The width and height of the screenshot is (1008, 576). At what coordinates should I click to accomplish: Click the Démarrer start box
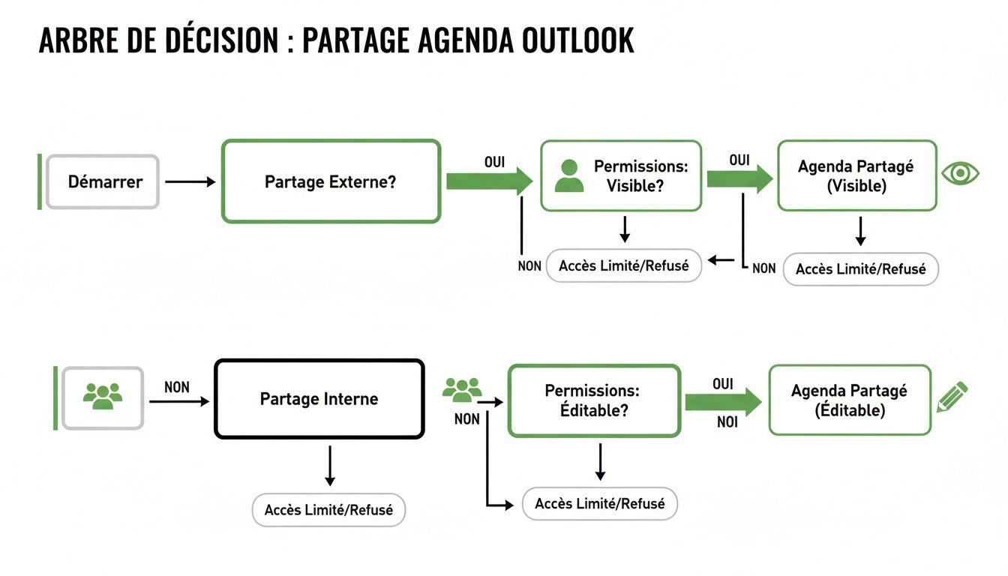pos(103,181)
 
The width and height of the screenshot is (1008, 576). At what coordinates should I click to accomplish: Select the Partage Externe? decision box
pos(331,181)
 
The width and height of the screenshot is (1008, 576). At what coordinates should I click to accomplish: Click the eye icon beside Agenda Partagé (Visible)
pos(960,173)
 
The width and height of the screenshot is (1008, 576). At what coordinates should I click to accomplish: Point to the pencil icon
pos(952,397)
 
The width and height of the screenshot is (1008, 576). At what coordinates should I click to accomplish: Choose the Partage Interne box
pos(319,399)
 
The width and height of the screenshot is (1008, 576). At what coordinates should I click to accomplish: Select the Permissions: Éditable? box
pos(594,400)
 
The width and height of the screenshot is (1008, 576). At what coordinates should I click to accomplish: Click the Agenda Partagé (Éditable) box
pos(849,400)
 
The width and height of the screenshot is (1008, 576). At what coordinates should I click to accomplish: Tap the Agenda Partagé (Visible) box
pos(856,175)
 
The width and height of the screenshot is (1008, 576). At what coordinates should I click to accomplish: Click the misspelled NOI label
pos(727,422)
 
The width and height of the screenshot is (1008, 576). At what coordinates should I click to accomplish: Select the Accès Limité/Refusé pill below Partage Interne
pos(328,510)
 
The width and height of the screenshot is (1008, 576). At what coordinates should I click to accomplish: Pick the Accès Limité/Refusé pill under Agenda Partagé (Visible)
pos(860,269)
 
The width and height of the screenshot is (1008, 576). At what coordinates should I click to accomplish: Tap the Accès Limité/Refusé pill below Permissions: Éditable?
pos(599,503)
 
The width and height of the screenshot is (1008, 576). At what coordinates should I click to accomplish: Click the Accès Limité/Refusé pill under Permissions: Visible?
pos(623,265)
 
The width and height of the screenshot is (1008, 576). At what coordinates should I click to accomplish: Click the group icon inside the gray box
pos(103,397)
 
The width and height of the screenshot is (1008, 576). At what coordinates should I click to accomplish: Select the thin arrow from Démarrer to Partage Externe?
pos(190,181)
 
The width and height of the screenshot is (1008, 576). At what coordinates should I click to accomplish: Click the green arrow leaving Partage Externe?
pos(488,181)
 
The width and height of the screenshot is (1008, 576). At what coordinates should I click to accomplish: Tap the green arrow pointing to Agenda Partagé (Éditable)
pos(722,402)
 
